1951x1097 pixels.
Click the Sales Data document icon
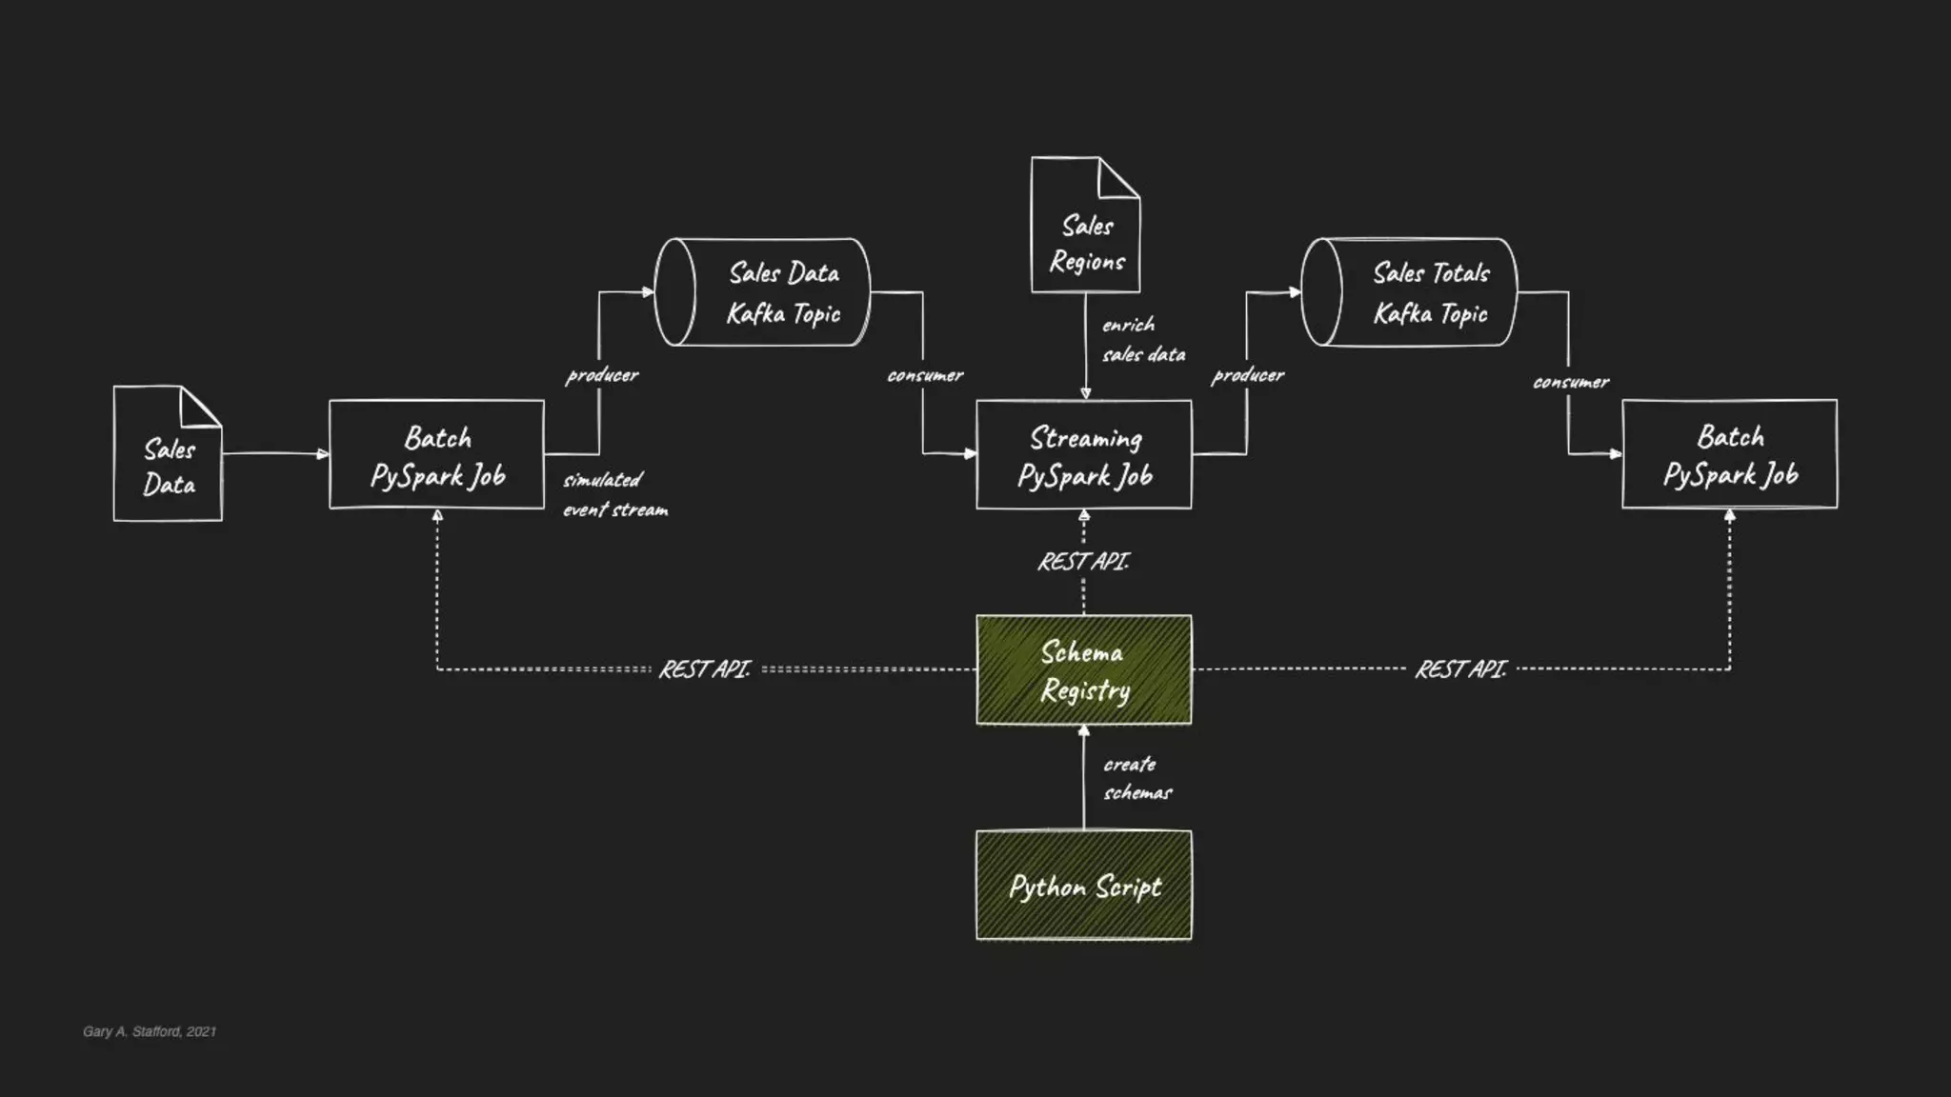click(x=168, y=454)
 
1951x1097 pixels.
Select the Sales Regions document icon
click(x=1085, y=227)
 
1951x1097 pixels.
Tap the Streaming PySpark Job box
click(x=1084, y=455)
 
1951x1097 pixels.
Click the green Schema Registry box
click(x=1084, y=670)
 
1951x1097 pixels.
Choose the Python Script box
click(x=1084, y=886)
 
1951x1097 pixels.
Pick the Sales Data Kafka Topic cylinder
click(x=763, y=292)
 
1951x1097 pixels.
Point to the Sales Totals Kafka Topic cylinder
click(x=1409, y=292)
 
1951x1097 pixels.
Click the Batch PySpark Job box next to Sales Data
click(x=437, y=455)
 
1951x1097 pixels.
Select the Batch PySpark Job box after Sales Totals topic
click(x=1730, y=454)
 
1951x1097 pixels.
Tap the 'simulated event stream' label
click(x=615, y=494)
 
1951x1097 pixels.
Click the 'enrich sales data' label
click(x=1143, y=340)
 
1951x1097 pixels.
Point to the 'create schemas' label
click(x=1137, y=778)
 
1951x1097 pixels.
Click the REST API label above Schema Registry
click(x=1083, y=562)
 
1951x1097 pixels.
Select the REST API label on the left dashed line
click(x=705, y=669)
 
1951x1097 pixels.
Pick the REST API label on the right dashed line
click(x=1460, y=669)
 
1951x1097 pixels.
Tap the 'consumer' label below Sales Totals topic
click(x=1571, y=382)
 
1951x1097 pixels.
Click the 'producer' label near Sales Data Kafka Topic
click(x=602, y=375)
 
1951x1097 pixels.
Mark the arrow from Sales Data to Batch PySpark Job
click(x=275, y=454)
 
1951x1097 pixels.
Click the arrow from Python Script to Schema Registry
click(x=1084, y=776)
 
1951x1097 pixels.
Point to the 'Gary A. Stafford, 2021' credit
click(x=150, y=1031)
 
